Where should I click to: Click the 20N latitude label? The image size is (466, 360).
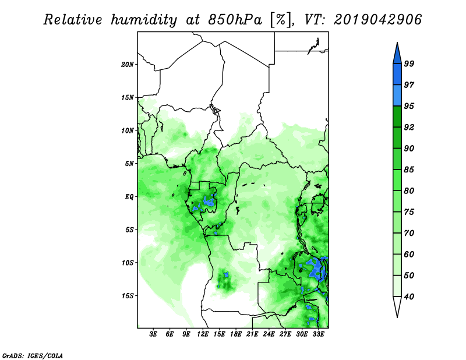click(127, 65)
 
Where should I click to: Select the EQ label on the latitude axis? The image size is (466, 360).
click(129, 197)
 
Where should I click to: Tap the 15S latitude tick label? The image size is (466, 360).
click(127, 296)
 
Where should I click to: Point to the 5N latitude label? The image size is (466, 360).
click(129, 164)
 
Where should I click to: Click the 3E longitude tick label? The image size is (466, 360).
click(153, 334)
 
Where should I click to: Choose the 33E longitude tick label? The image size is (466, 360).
click(318, 334)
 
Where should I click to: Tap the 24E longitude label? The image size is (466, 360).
click(269, 334)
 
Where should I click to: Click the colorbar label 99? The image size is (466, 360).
click(409, 63)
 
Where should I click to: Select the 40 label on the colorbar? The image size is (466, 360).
click(409, 297)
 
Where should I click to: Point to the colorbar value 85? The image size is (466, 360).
click(409, 170)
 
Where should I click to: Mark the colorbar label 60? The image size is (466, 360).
click(409, 254)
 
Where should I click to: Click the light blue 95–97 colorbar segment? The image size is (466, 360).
click(397, 96)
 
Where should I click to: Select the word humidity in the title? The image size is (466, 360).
click(144, 20)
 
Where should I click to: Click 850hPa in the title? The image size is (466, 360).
click(235, 20)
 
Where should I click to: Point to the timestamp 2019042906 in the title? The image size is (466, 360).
click(377, 20)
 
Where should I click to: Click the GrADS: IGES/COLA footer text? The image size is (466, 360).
click(33, 355)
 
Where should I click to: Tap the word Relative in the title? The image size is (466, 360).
click(73, 20)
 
